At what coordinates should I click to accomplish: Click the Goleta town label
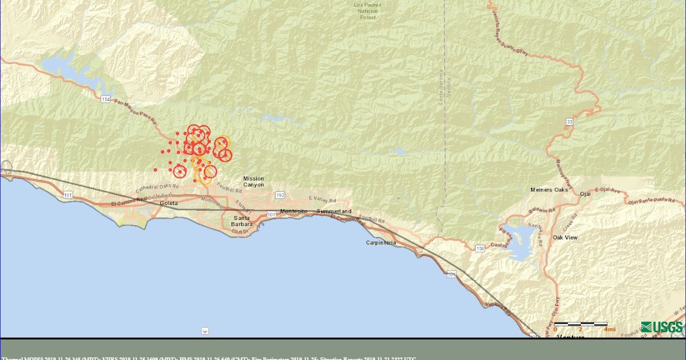click(169, 203)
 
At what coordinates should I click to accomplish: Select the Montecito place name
click(294, 211)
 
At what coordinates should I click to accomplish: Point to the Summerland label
click(334, 211)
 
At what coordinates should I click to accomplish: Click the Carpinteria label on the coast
click(381, 243)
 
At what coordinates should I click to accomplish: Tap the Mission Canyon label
click(253, 182)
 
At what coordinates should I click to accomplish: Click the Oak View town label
click(565, 237)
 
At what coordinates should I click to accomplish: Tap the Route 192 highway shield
click(280, 195)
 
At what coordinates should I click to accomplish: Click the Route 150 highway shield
click(479, 248)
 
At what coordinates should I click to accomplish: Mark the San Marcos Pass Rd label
click(135, 110)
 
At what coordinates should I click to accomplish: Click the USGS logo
click(661, 327)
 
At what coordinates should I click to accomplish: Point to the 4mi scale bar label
click(609, 330)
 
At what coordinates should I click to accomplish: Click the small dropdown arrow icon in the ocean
click(205, 331)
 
